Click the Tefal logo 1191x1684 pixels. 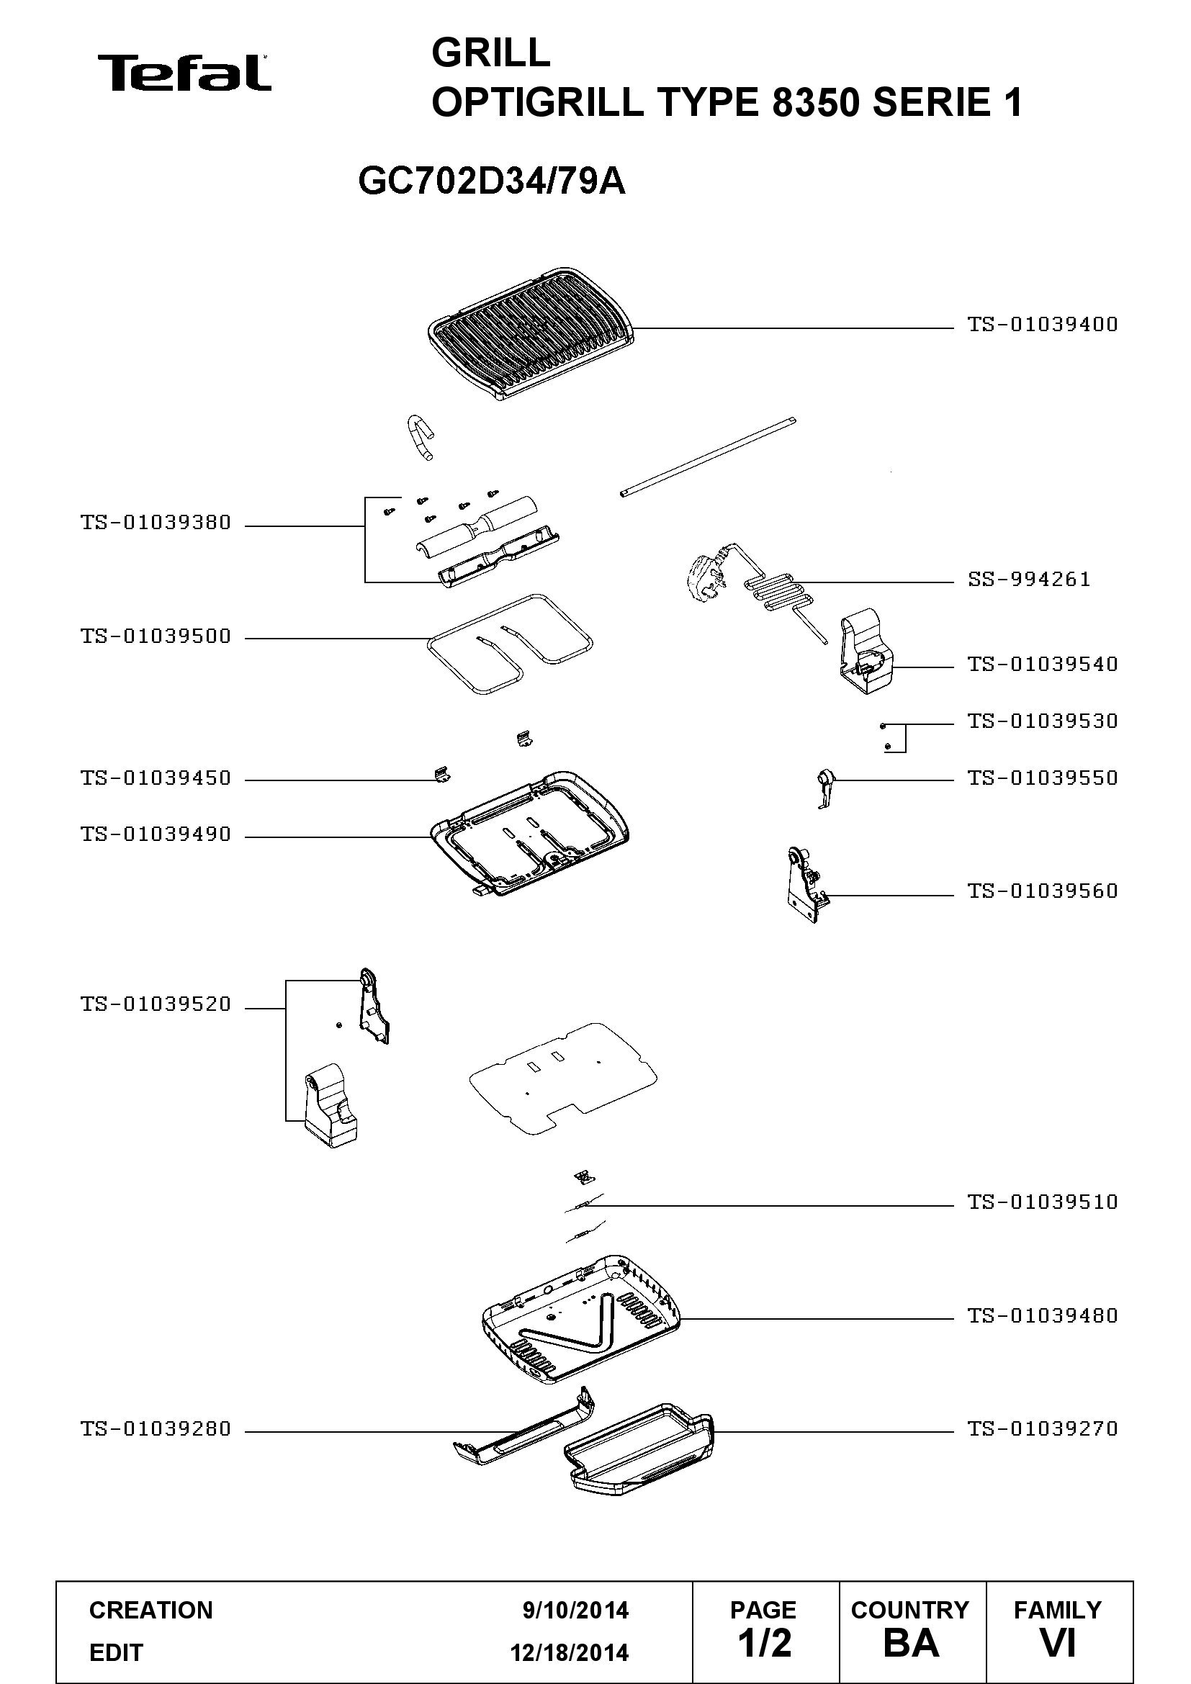184,73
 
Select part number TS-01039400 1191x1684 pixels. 1042,324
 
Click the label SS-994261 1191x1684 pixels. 1029,580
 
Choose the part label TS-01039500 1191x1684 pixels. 156,636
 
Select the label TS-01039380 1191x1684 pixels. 156,523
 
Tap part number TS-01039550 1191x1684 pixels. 1042,778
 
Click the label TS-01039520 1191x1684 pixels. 156,1004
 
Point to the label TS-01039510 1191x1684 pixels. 1042,1202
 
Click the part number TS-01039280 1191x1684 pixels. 156,1428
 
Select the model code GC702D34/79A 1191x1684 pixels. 492,181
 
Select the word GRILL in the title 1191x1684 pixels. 490,53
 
